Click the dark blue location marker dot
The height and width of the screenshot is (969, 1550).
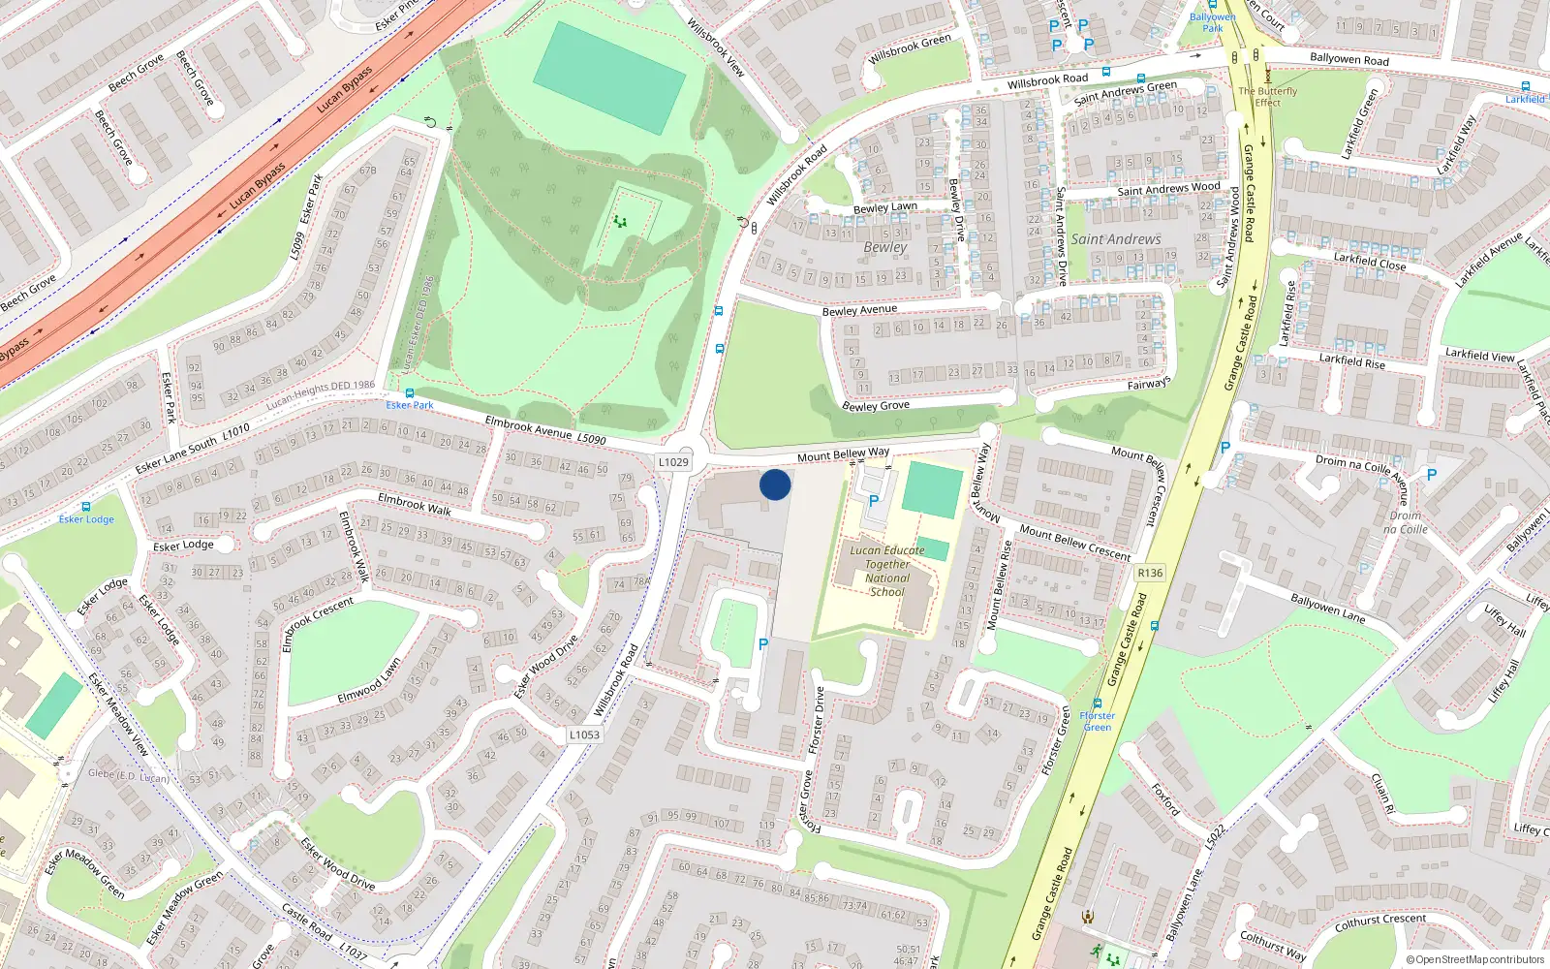(x=775, y=484)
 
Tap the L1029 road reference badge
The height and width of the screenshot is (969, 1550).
(x=673, y=462)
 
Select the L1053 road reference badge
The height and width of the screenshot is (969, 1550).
(x=584, y=735)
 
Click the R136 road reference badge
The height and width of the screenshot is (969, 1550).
(x=1150, y=573)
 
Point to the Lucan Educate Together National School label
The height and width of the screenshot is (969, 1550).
(x=887, y=571)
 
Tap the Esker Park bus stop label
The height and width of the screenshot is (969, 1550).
(x=410, y=405)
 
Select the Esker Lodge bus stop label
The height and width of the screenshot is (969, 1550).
(x=86, y=519)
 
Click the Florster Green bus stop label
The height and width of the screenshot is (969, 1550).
(x=1098, y=721)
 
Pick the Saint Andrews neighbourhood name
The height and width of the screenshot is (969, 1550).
(x=1115, y=239)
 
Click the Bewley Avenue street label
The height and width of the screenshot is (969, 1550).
(x=859, y=310)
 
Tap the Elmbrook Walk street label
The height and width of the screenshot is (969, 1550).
(x=415, y=504)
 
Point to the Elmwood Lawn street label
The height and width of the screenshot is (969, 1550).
(x=369, y=682)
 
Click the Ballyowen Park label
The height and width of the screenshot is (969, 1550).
(x=1213, y=22)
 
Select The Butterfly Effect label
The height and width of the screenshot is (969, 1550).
(x=1267, y=97)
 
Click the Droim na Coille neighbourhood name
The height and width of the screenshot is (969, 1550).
(x=1406, y=522)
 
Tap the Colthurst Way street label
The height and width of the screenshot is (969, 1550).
(x=1273, y=945)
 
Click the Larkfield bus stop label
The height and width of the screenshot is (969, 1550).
(x=1525, y=99)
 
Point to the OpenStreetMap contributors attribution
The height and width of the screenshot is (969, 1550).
(x=1475, y=960)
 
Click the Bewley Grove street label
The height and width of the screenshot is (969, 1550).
(x=876, y=405)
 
